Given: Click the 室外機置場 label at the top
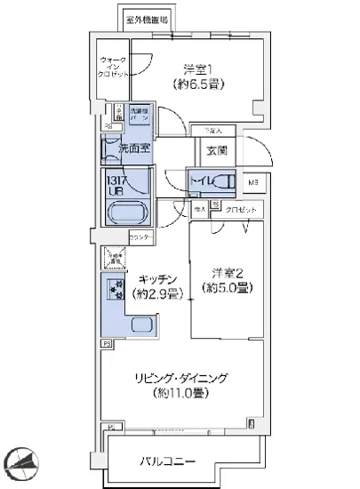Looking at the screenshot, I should (147, 18).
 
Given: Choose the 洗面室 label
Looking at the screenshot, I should (122, 149).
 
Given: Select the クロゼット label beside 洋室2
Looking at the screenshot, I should (241, 209).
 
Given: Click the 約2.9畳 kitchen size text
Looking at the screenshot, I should (157, 293).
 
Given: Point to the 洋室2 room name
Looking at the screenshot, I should (227, 271).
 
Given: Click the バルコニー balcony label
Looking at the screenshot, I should (167, 461).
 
